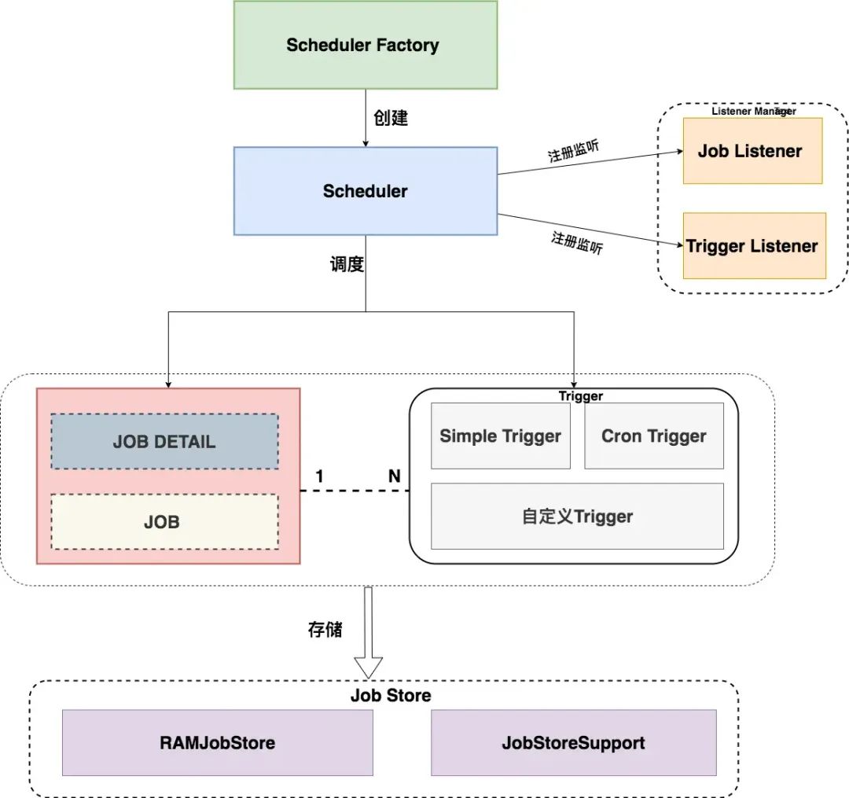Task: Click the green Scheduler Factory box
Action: [x=366, y=45]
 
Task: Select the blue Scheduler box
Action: [x=366, y=191]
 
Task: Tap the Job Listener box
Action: [x=752, y=151]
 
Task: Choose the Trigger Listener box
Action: [x=754, y=246]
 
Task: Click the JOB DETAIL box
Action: [x=164, y=441]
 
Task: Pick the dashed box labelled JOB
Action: [x=164, y=522]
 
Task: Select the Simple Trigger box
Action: [x=501, y=436]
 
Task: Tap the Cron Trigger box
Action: [x=654, y=436]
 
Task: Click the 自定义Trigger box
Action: [x=577, y=517]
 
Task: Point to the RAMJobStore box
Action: [x=217, y=742]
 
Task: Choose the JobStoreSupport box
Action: [x=573, y=742]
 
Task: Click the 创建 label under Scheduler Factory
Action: [x=391, y=119]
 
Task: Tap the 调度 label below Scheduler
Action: [x=347, y=265]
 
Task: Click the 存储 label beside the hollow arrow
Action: [x=325, y=630]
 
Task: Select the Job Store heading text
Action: [x=391, y=696]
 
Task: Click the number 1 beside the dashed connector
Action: [x=319, y=476]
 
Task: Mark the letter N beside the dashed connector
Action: [x=394, y=476]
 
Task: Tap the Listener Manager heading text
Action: [x=752, y=112]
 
